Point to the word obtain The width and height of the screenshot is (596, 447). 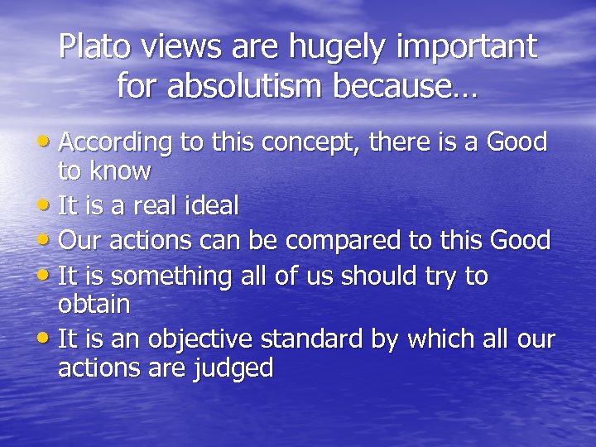click(x=94, y=305)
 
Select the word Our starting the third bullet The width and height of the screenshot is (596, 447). click(x=79, y=241)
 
